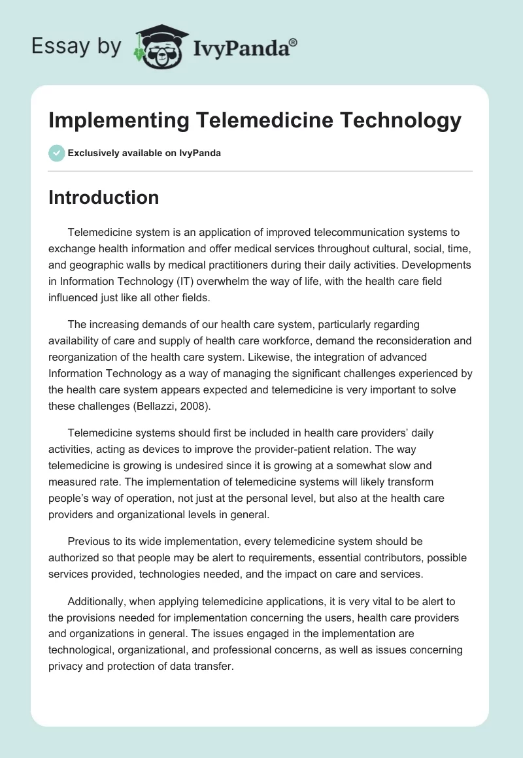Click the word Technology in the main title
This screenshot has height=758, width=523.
398,121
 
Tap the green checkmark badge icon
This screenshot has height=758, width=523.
56,153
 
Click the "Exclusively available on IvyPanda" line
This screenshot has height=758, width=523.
144,154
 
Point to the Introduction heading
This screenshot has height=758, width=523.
103,197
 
